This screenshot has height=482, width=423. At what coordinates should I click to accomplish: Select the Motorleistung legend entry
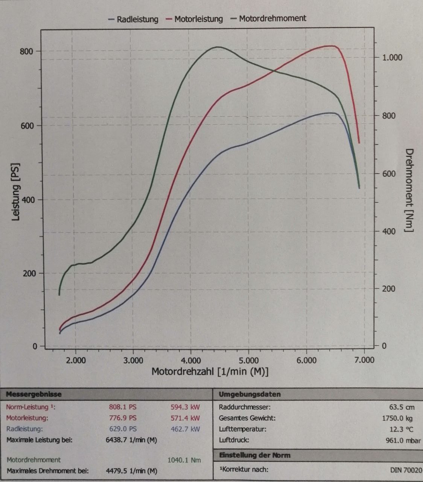coord(198,19)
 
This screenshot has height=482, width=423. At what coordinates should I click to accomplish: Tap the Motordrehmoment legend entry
coord(272,18)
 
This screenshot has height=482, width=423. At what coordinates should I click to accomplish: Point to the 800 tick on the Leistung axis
coord(26,51)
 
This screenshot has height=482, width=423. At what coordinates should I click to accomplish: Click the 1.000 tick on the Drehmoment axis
coord(392,57)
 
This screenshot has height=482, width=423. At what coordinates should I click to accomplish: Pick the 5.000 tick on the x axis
coord(248,360)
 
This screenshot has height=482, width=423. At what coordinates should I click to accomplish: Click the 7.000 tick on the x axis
coord(364,360)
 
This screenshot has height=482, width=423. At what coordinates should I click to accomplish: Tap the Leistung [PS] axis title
coord(16,192)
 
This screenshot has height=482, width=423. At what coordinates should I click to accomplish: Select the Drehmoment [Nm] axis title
coord(409,190)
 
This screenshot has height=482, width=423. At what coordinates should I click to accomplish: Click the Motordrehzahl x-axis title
coord(210,372)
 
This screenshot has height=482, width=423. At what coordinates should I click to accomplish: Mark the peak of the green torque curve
coord(218,47)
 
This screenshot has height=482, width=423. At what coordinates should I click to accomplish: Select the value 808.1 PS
coord(123,407)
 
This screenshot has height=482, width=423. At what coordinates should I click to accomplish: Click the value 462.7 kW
coord(185,429)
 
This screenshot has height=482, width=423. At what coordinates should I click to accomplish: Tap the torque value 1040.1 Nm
coord(184,460)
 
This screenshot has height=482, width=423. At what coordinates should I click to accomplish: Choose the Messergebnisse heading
coord(34,395)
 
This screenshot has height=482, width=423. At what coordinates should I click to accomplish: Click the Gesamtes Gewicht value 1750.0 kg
coord(397,418)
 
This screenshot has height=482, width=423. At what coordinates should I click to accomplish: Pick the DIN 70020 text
coord(406,470)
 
